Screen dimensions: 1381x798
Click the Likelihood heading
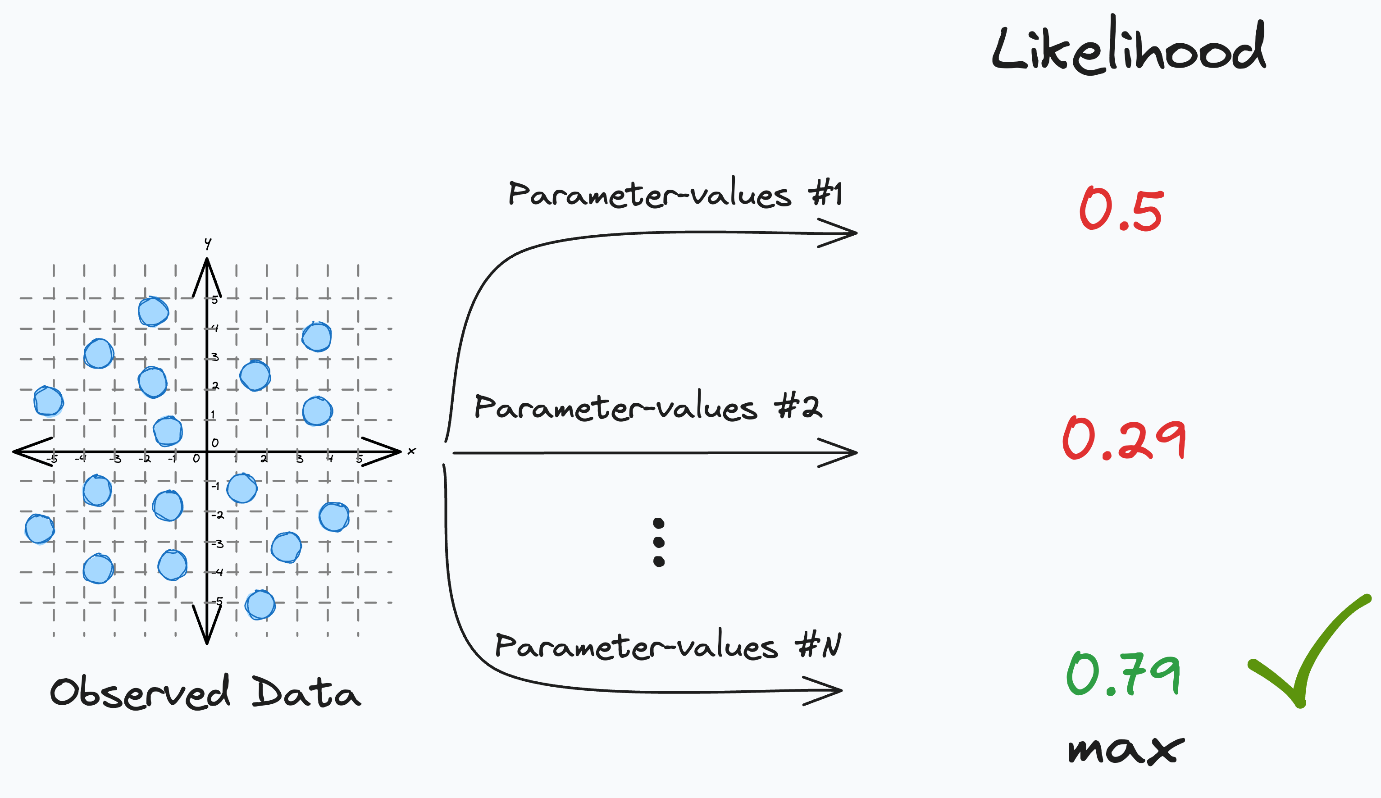1129,46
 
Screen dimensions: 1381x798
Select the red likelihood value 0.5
1120,210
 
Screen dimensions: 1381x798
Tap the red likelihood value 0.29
1123,438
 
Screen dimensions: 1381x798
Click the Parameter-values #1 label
675,195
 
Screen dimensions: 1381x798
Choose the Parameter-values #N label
667,646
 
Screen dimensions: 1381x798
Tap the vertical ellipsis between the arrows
659,542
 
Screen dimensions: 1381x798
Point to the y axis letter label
208,243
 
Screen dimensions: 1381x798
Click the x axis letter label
411,451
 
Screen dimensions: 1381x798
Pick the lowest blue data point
260,605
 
